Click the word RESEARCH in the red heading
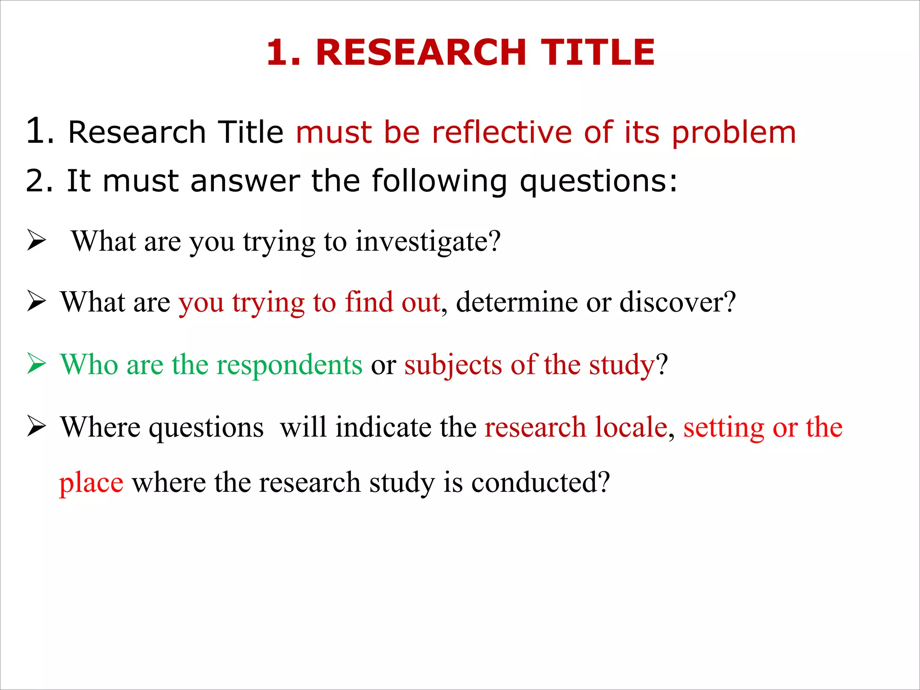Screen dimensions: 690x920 (x=421, y=53)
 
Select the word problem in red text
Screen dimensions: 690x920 (x=734, y=133)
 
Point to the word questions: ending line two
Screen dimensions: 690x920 (x=598, y=182)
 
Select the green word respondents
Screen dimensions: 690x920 (x=289, y=364)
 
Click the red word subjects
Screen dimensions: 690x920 (x=453, y=365)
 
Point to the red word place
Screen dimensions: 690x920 (x=91, y=483)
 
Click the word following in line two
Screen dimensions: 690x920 (x=439, y=182)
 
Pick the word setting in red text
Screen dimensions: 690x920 (x=723, y=428)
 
